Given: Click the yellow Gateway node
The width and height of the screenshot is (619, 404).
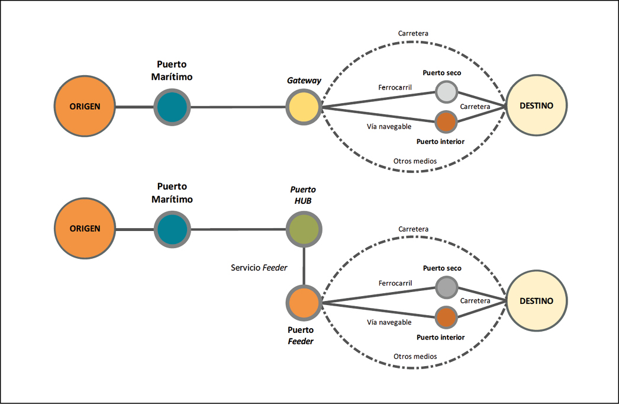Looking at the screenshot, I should click(304, 107).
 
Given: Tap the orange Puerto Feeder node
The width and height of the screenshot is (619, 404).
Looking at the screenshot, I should click(304, 302).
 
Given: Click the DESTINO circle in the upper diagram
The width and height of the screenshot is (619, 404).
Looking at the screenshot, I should click(536, 106).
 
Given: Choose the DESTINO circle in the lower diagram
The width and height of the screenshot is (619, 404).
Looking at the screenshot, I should click(536, 301).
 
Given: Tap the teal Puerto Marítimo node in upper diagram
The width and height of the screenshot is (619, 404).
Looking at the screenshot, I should click(172, 107).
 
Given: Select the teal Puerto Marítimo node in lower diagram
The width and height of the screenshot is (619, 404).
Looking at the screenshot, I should click(172, 229).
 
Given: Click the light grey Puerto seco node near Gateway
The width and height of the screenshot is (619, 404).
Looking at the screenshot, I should click(446, 92).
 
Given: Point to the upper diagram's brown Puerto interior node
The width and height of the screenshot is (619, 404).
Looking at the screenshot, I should click(446, 122).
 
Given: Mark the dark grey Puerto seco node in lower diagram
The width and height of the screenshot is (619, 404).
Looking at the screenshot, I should click(447, 287).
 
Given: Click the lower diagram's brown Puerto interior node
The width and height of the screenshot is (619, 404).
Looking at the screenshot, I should click(447, 318).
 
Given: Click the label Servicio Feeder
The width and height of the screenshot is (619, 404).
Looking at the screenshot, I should click(259, 268).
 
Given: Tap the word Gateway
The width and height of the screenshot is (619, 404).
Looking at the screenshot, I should click(304, 81).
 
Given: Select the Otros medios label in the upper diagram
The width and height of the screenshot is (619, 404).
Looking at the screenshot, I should click(415, 161).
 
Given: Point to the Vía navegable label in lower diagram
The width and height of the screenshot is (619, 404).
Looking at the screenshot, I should click(389, 322).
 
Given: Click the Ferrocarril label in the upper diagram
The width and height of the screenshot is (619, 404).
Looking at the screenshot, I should click(395, 88).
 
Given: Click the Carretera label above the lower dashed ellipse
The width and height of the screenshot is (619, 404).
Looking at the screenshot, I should click(413, 229).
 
